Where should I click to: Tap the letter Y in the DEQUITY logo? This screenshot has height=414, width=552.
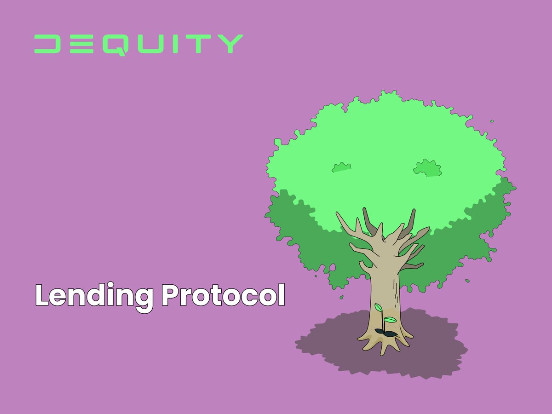230,44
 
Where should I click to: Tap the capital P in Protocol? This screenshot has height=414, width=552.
171,295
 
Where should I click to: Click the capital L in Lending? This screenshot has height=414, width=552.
41,295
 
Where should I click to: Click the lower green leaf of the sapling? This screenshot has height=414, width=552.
390,319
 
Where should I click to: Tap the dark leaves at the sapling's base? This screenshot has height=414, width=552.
384,332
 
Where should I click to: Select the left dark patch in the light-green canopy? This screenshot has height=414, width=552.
341,168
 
